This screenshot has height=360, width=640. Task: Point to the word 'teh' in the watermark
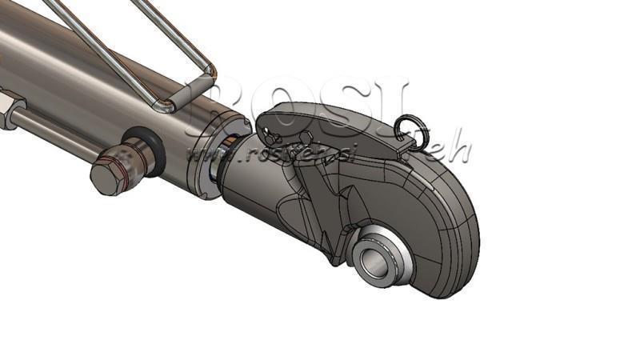452,149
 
